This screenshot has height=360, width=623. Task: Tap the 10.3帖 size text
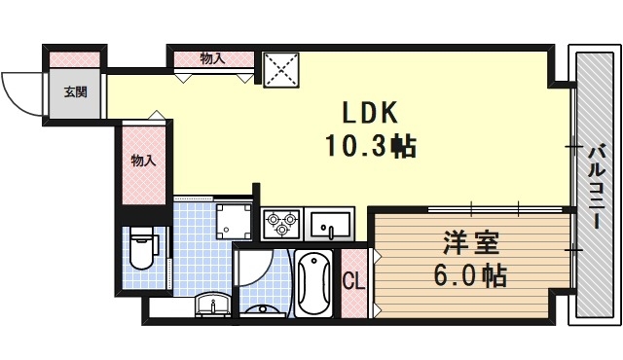370,147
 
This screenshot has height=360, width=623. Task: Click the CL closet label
354,282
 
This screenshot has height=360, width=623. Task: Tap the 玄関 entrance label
75,92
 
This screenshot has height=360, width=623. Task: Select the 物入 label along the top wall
212,58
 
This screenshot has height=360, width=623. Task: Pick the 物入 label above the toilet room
143,161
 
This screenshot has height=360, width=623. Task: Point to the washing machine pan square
233,220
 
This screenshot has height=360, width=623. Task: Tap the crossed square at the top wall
282,68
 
